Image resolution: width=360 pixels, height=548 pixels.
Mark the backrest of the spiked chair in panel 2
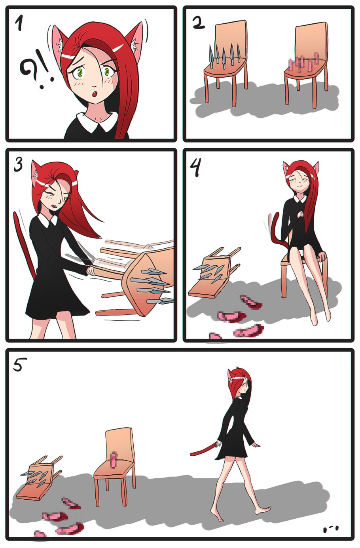tap(231, 39)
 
